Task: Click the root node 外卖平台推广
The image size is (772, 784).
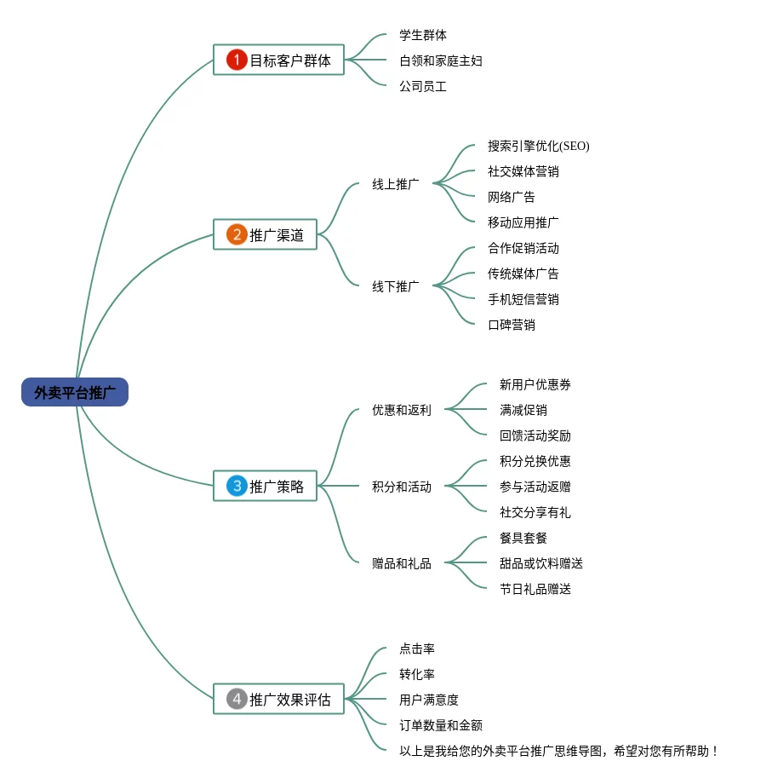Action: (x=75, y=392)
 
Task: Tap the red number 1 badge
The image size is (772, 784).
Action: (x=237, y=60)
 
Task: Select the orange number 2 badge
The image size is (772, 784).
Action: (x=237, y=234)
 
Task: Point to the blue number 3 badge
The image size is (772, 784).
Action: (x=237, y=486)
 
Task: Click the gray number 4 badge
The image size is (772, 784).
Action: (x=237, y=699)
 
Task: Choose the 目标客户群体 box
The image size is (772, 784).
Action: (x=278, y=60)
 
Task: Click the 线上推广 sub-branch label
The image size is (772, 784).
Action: (x=396, y=184)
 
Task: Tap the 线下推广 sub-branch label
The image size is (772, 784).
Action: (x=396, y=286)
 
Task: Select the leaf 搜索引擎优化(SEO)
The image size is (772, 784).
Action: (x=538, y=146)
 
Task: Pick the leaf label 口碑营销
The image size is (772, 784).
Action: (x=512, y=325)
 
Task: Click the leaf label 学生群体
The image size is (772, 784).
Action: (x=423, y=35)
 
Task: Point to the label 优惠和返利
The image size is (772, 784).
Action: (x=402, y=410)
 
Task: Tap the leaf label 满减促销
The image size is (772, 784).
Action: (x=523, y=410)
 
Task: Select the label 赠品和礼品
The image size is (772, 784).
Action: (x=402, y=563)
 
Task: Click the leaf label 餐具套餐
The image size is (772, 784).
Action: (x=523, y=538)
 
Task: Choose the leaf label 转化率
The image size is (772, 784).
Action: (x=417, y=674)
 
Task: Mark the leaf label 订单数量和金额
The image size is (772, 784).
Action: (x=441, y=725)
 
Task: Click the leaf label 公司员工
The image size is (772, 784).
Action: (x=423, y=87)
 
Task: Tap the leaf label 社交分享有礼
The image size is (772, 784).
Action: (x=535, y=512)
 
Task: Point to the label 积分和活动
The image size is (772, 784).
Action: (x=402, y=487)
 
